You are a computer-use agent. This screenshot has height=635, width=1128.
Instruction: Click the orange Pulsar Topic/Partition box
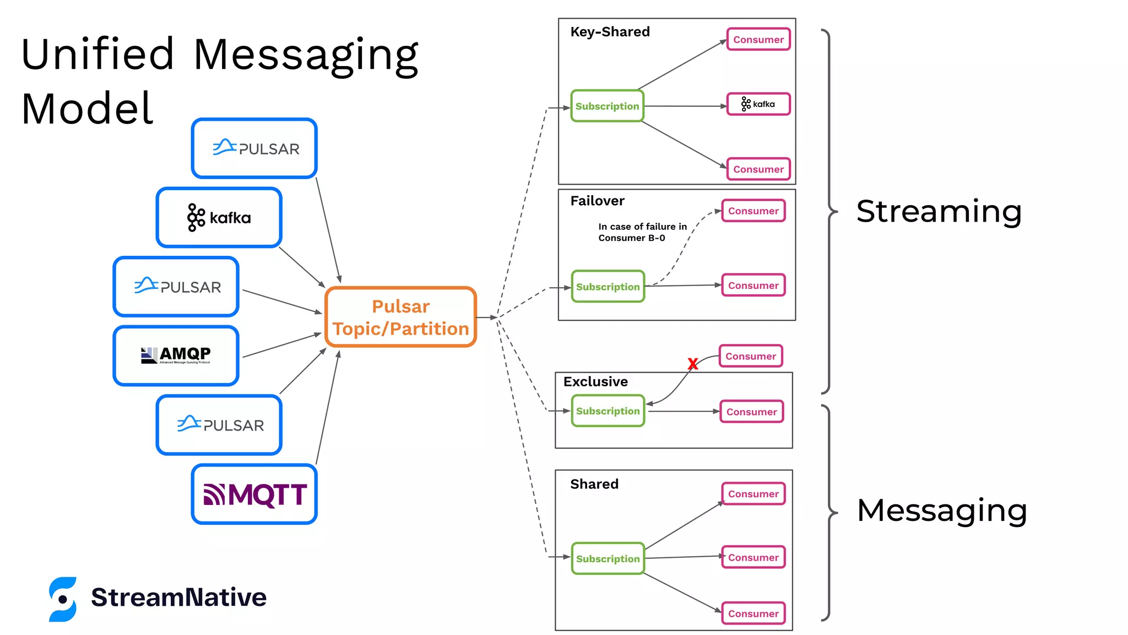(x=400, y=317)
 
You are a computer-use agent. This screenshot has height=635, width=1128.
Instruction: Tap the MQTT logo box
(x=254, y=494)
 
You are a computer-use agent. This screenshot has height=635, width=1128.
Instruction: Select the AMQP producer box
(x=176, y=356)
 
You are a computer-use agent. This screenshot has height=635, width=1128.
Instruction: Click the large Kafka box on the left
(x=219, y=218)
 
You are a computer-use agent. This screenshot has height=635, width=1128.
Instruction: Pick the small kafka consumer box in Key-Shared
(x=758, y=104)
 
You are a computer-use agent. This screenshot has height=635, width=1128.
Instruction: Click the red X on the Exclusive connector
(x=693, y=364)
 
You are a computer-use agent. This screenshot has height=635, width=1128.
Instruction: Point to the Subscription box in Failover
(x=608, y=287)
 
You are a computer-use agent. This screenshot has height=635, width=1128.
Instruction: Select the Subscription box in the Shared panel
(x=608, y=558)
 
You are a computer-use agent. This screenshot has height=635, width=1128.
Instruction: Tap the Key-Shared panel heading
(x=610, y=32)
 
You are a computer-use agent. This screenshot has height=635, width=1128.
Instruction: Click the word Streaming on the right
(x=939, y=212)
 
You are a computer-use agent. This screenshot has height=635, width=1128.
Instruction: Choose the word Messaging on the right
(x=941, y=510)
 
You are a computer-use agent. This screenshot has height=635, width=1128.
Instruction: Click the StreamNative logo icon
(x=63, y=599)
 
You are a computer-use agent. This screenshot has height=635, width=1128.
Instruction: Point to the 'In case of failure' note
(x=642, y=232)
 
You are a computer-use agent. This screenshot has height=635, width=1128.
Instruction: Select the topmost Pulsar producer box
(x=254, y=148)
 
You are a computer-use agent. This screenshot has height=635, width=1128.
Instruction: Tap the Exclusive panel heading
(x=595, y=381)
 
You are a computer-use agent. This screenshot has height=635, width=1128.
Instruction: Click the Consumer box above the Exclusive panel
(x=750, y=356)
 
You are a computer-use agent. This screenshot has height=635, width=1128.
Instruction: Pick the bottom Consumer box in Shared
(x=753, y=614)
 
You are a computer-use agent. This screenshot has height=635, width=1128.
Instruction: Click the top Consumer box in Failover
(x=753, y=211)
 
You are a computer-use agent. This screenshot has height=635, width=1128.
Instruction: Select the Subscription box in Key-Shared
(x=607, y=106)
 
